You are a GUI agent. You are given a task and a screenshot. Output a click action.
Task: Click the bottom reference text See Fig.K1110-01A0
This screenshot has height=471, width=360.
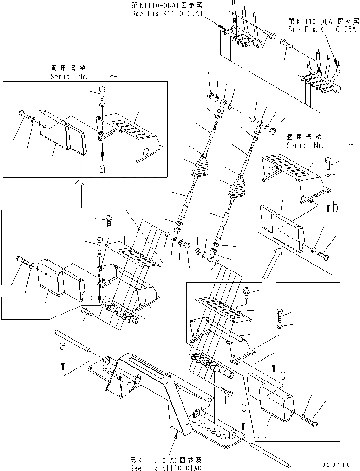166,467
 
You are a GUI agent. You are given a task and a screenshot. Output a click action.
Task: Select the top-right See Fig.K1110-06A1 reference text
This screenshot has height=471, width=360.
323,29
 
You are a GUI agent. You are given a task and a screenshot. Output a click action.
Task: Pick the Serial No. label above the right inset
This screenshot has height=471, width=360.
304,145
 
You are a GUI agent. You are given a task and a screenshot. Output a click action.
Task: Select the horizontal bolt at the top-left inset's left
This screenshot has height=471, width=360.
23,113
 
